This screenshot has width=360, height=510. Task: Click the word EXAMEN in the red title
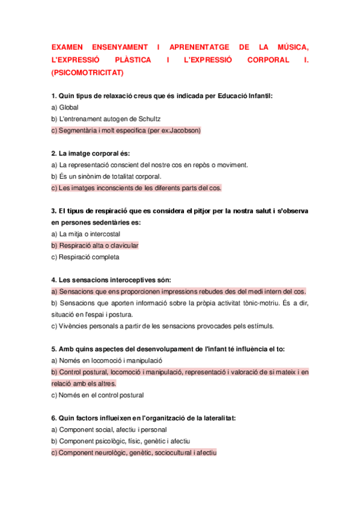67,47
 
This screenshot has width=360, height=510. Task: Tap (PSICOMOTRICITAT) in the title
88,73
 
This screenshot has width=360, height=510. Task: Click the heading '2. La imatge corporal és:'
90,153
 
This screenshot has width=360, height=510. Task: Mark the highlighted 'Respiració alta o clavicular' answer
95,245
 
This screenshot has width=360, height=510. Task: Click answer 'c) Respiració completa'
85,257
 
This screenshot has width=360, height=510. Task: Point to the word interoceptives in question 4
127,280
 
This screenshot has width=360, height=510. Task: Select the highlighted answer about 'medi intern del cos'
179,291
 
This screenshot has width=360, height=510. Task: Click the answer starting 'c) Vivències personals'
162,326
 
